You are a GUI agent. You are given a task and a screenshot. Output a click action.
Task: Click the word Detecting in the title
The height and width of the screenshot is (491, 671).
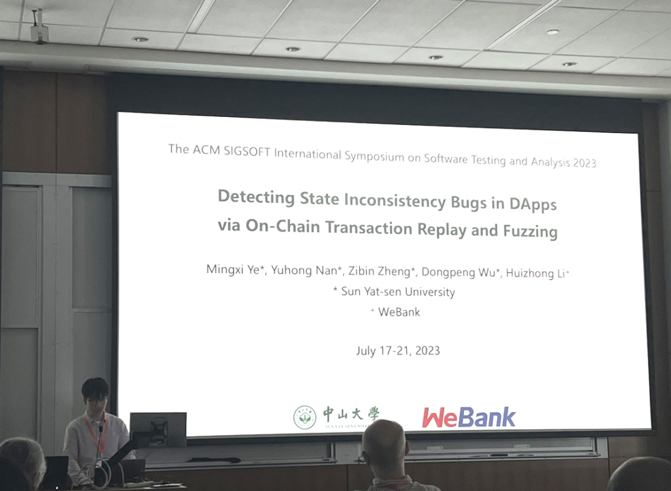coord(256,197)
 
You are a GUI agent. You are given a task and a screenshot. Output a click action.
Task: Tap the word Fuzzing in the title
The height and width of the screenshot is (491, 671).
coord(530,231)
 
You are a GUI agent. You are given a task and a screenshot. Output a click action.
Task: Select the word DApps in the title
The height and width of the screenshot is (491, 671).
coord(532,204)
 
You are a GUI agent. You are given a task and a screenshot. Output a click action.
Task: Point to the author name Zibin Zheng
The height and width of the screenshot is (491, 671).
coord(379,271)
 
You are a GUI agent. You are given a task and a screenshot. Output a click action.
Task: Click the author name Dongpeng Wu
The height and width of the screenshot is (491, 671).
coord(459,273)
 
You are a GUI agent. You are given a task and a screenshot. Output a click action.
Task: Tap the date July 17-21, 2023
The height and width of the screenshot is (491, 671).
coord(398,350)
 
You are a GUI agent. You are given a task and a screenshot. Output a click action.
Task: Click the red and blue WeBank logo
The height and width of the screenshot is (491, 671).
coord(468,417)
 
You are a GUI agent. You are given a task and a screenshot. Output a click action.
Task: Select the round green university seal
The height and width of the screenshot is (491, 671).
coord(304,418)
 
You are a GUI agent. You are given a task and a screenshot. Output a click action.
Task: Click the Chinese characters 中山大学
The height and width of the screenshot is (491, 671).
coord(351,414)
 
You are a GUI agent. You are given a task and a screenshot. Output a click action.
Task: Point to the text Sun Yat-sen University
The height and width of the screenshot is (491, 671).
coord(398,292)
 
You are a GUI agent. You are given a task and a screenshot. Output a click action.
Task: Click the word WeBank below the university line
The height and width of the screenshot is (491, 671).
coord(399,312)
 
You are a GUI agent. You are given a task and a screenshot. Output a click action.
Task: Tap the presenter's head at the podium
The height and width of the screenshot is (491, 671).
coord(95,394)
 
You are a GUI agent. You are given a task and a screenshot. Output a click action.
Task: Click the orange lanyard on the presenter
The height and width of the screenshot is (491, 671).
coord(96,433)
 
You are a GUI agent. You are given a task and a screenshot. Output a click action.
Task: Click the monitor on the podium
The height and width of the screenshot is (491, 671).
coord(158,430)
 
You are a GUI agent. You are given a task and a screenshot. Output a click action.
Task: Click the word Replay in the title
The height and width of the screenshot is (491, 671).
coord(442,229)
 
